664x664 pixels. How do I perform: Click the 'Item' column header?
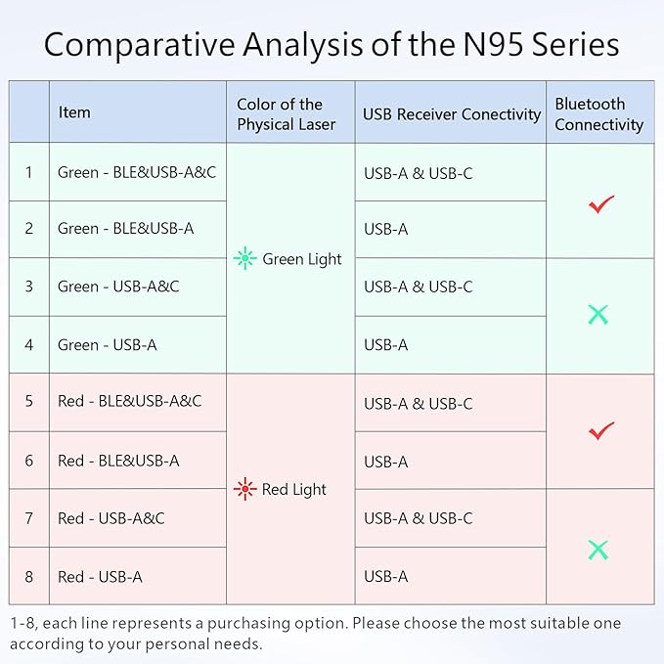(74, 112)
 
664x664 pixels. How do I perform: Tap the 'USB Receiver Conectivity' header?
(451, 114)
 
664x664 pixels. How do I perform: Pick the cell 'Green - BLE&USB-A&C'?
(137, 172)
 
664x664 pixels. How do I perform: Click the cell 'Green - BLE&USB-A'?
(125, 229)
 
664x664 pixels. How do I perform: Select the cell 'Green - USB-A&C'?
(118, 287)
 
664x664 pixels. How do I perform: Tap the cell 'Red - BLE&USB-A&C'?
(129, 401)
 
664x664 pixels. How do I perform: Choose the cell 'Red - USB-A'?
(100, 576)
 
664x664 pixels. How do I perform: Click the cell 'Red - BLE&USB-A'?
(118, 461)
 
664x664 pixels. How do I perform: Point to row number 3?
(29, 287)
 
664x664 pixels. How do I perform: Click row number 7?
(29, 518)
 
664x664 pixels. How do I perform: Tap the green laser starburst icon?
(244, 259)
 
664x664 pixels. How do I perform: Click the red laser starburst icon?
(244, 489)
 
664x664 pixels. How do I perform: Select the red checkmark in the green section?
(600, 203)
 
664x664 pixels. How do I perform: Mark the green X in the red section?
(598, 549)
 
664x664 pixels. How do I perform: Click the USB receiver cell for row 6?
(386, 462)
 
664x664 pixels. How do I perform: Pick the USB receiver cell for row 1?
(419, 173)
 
